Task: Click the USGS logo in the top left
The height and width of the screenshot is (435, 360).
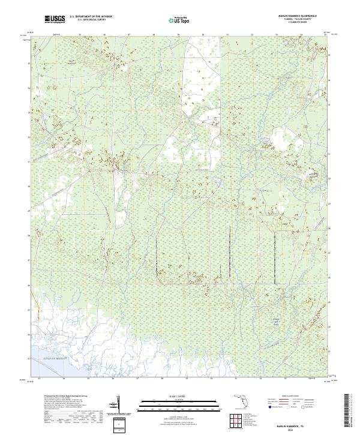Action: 55,20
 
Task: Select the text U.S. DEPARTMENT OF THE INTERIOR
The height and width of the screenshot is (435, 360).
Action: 91,18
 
